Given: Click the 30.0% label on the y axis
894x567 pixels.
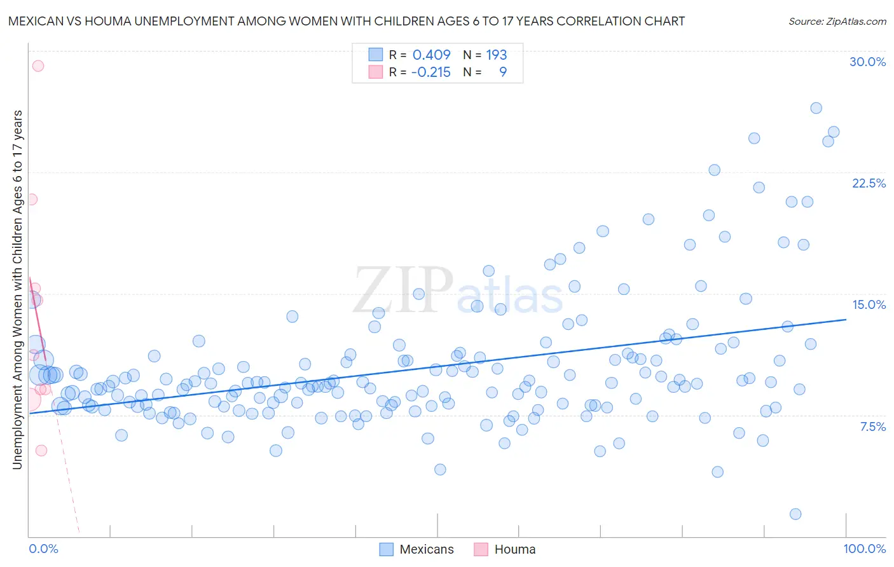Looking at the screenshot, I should pos(867,62).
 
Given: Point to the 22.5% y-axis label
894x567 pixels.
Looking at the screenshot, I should pos(869,183).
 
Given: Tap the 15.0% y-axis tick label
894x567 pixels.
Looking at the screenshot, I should pos(869,304).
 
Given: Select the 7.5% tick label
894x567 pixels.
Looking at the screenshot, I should pos(872,427).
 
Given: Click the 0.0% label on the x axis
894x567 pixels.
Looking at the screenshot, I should pos(43,549).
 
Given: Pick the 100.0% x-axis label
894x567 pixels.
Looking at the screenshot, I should pos(864,549).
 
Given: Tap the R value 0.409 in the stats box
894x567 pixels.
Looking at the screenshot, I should pos(431,55).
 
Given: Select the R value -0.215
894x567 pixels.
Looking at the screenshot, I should pos(430,72).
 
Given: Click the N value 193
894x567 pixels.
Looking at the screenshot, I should pos(496,55).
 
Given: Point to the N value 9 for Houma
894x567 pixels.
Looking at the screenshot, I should pos(502,72).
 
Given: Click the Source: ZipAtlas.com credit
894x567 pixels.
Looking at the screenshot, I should pos(837,21).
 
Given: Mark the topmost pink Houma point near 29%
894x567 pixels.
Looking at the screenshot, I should pos(38,65).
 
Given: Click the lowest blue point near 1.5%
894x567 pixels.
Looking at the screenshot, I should pos(795,514).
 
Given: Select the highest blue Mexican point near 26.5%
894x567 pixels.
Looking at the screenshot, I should pos(816,108).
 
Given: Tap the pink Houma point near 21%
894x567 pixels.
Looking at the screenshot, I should pos(31,199).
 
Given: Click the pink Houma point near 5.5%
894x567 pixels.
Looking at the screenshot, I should pos(41,450).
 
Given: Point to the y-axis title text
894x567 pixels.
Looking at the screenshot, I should pos(18,290).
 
